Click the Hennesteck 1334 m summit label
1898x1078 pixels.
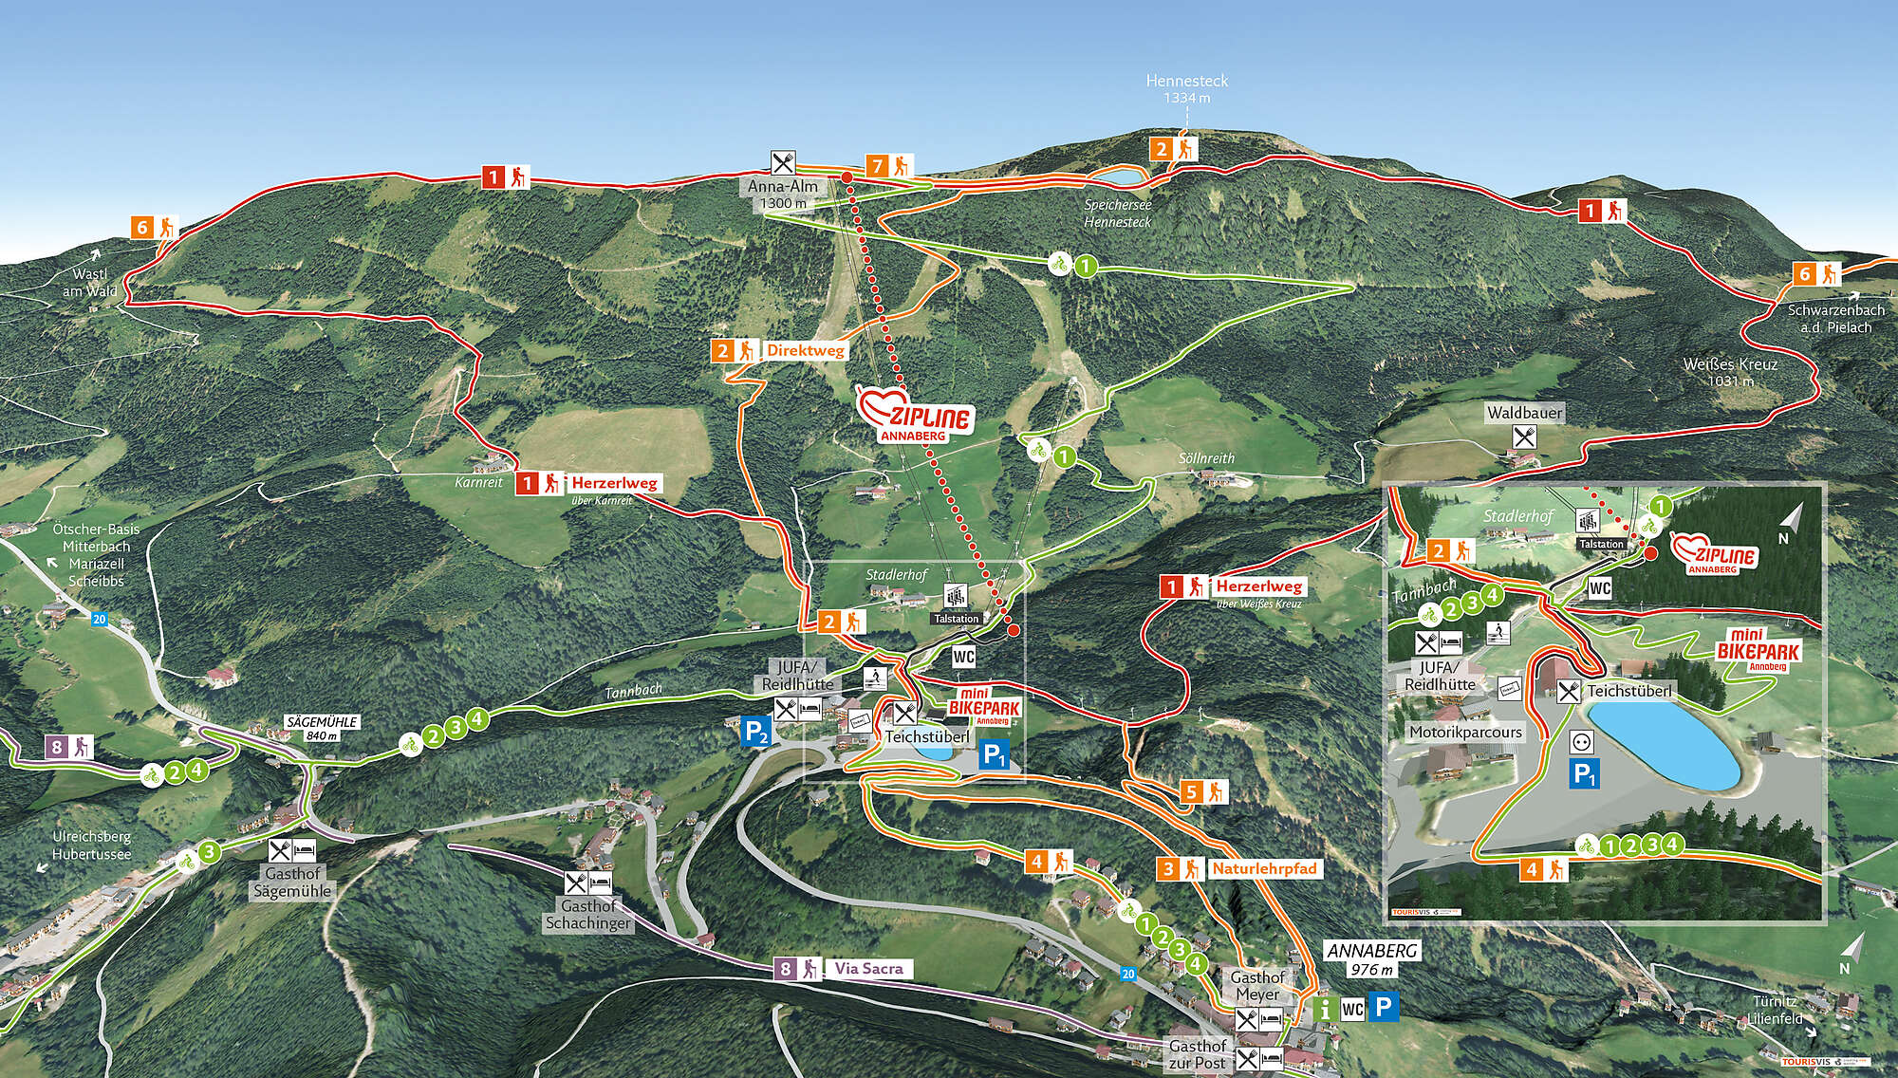[1186, 88]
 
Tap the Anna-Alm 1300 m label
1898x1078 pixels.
[782, 195]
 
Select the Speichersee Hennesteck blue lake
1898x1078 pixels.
[1118, 176]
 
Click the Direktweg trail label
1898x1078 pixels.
[805, 350]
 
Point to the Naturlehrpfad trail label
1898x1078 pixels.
[1263, 868]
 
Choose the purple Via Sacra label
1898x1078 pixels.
[868, 969]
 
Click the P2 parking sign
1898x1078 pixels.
[755, 732]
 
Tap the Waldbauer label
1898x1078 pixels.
[1524, 412]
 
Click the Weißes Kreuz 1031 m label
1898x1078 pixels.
[1730, 372]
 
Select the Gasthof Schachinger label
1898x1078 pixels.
[588, 914]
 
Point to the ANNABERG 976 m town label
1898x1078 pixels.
[1372, 958]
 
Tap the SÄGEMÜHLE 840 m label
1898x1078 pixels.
[322, 728]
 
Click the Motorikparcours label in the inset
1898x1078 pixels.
[1465, 732]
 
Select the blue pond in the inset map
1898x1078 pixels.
[1665, 745]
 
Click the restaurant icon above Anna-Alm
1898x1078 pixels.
[782, 162]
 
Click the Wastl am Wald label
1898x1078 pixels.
[90, 283]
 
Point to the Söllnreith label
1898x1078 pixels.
[1206, 458]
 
